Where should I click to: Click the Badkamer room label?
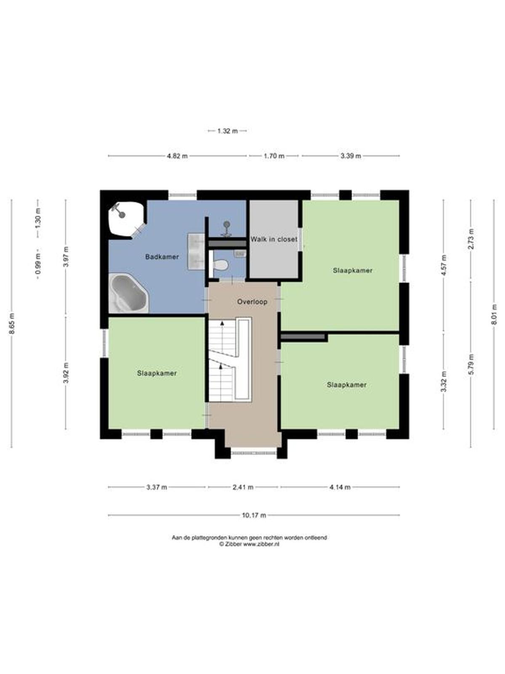(x=162, y=257)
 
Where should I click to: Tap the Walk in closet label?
(x=274, y=239)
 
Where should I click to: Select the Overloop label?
(x=252, y=302)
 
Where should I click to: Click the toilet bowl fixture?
(x=220, y=264)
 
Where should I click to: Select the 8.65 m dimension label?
(x=11, y=324)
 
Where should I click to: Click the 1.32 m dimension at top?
(x=228, y=131)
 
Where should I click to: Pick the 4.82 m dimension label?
(x=177, y=156)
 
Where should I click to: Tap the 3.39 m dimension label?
(x=351, y=156)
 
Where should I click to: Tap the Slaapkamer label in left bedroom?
(x=157, y=373)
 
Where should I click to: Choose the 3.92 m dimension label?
(x=66, y=373)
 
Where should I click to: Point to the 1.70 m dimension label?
(x=274, y=156)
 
